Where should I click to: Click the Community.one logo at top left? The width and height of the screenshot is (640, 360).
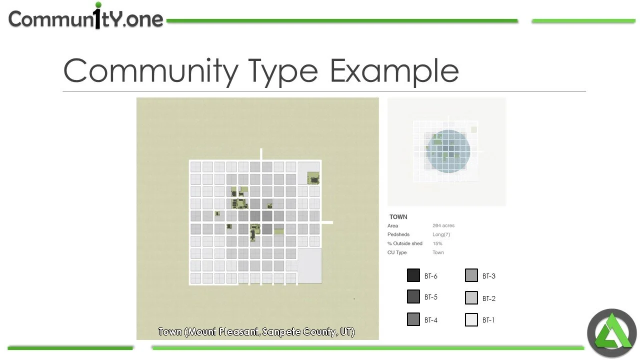[85, 18]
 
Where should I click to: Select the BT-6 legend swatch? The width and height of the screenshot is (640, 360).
[413, 275]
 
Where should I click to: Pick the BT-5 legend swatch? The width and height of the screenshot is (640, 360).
[413, 297]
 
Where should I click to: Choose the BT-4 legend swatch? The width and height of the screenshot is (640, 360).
[413, 319]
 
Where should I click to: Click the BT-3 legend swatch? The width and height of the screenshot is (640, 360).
[471, 275]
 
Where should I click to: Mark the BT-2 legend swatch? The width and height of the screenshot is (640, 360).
[471, 298]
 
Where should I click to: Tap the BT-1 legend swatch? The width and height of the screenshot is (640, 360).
[471, 320]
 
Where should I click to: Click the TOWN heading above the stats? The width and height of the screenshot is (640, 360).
[398, 217]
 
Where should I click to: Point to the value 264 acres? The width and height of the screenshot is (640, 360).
[443, 226]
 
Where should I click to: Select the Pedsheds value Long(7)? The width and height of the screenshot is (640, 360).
[441, 234]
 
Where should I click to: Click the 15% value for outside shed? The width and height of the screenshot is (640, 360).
[437, 243]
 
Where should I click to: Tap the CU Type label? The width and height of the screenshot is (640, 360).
[397, 252]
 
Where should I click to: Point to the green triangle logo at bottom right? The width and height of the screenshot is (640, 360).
[611, 333]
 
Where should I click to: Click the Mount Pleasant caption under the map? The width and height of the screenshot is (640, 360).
[256, 332]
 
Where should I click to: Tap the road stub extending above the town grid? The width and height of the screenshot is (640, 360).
[260, 154]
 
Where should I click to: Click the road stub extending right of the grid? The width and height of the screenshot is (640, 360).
[327, 222]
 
